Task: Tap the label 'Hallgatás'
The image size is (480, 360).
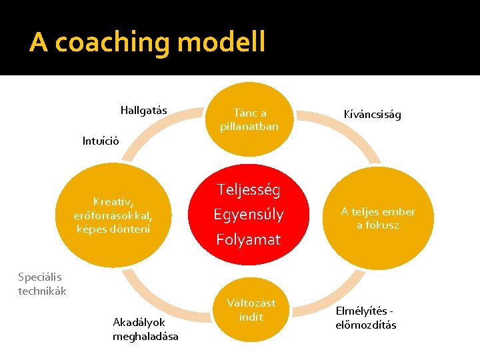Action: tap(143, 110)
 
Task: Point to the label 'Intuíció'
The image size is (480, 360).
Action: tap(101, 141)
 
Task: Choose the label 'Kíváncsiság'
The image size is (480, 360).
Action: tap(372, 115)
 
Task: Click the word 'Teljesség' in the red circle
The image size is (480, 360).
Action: tap(247, 190)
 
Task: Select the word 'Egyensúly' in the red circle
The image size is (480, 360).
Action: tap(248, 215)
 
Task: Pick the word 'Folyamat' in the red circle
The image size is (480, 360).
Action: tap(247, 239)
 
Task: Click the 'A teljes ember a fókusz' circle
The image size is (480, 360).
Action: tap(378, 218)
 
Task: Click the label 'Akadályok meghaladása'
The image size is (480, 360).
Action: tap(145, 329)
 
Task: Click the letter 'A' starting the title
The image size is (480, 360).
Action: tap(39, 43)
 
